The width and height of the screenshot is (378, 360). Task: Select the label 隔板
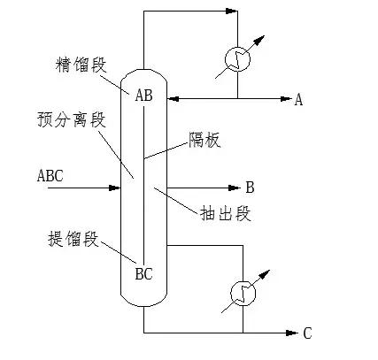pyautogui.click(x=203, y=139)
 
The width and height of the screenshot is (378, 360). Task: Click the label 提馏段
pyautogui.click(x=72, y=239)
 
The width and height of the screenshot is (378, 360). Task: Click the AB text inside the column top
pyautogui.click(x=143, y=96)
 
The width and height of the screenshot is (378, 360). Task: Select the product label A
pyautogui.click(x=298, y=100)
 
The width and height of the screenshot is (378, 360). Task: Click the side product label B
pyautogui.click(x=251, y=187)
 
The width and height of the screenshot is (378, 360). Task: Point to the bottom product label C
pyautogui.click(x=307, y=333)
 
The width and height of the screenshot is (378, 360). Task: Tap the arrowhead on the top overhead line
pyautogui.click(x=233, y=11)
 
